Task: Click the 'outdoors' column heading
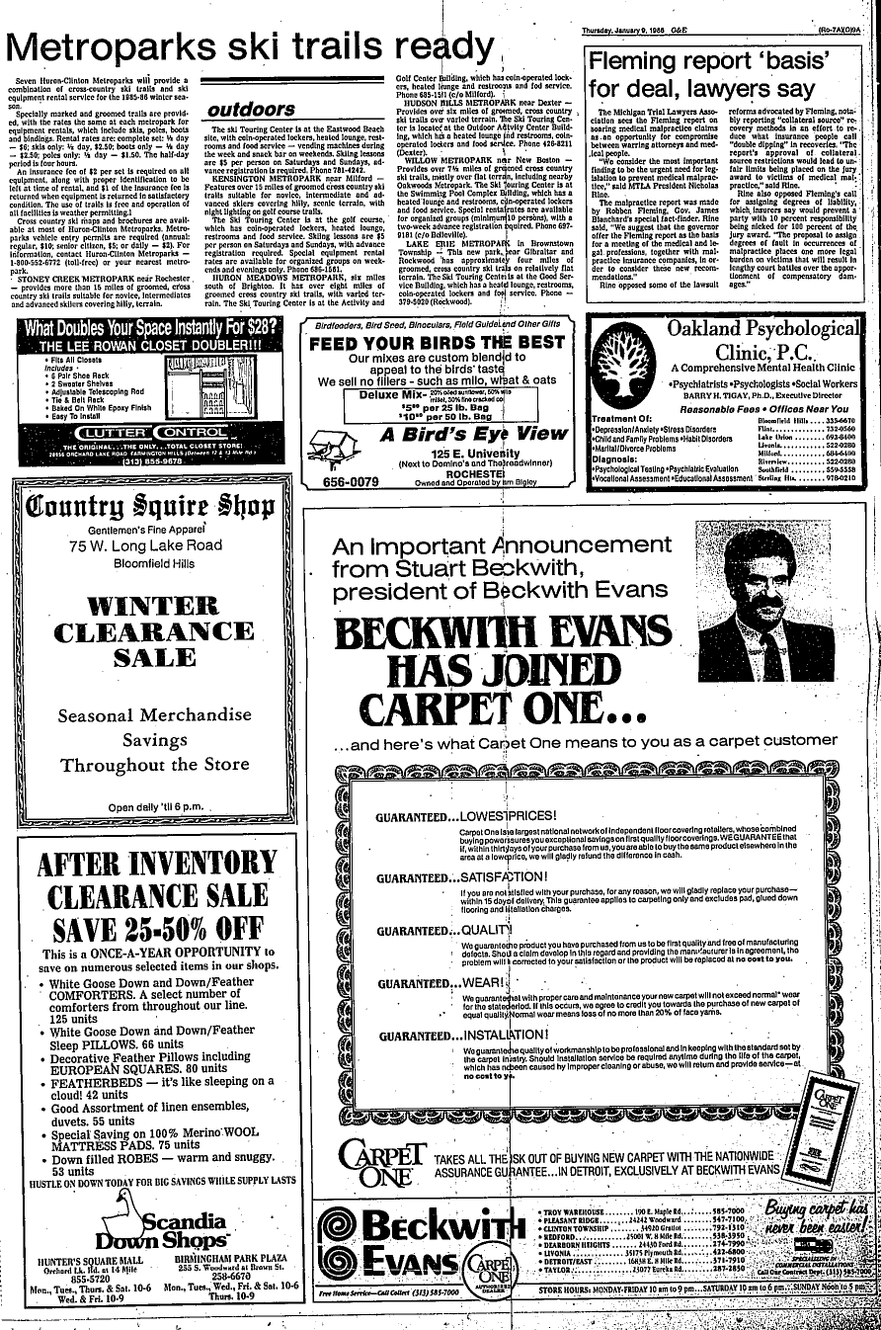point(251,110)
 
